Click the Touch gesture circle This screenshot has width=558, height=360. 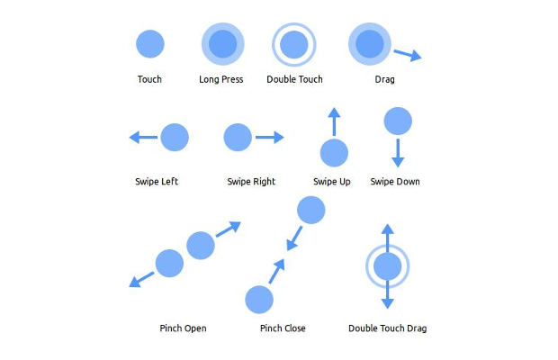pos(149,43)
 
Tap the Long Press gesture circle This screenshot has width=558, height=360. pos(221,43)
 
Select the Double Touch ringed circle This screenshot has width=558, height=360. pos(293,43)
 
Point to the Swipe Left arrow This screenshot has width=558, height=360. pos(143,138)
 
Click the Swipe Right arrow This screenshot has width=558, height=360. pos(269,138)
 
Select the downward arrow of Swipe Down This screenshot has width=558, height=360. pos(398,152)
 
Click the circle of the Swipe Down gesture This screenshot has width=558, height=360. pos(398,121)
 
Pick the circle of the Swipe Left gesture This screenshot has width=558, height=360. pos(174,138)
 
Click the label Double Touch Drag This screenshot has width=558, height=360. pos(387,328)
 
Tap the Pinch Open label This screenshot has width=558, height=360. pos(183,328)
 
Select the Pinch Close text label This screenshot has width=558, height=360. pos(282,328)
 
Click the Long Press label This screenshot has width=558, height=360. pos(221,79)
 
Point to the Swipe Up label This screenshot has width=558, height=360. pos(331,182)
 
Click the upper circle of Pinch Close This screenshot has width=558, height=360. pos(310,210)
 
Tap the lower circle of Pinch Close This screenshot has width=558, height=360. pos(259,299)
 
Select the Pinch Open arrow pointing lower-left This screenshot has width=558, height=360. pos(141,280)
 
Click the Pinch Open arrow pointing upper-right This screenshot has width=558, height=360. pos(229,228)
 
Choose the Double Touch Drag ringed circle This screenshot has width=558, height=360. pos(387,266)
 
